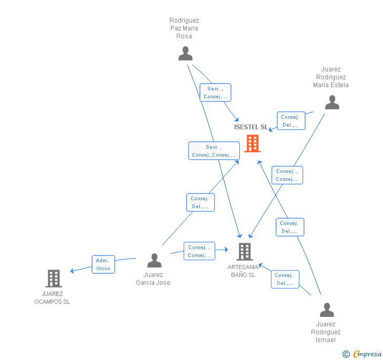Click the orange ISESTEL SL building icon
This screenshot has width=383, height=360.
click(253, 143)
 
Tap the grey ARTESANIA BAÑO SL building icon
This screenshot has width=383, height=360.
click(245, 252)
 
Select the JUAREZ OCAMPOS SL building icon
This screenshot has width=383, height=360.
click(54, 279)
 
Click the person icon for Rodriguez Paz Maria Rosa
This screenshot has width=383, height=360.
click(185, 54)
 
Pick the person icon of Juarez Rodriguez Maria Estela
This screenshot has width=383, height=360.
click(332, 102)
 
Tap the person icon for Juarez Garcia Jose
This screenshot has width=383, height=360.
click(154, 260)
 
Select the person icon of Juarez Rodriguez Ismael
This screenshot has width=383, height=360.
click(327, 310)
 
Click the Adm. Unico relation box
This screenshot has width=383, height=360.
click(104, 264)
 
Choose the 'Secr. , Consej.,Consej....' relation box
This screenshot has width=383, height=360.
click(214, 151)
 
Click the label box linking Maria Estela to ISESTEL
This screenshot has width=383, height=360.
click(290, 121)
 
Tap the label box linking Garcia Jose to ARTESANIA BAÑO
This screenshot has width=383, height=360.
click(199, 251)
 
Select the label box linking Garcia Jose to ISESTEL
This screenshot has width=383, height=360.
click(200, 202)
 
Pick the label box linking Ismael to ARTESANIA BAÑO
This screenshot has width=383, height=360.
click(285, 279)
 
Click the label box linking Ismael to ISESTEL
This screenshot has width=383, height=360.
click(290, 227)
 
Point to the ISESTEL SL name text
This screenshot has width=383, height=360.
click(251, 127)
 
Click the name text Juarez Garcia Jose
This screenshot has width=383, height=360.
click(153, 279)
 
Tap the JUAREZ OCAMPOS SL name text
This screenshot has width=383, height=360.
click(52, 298)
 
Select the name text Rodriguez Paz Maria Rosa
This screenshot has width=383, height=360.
click(184, 28)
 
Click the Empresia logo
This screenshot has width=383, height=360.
click(367, 354)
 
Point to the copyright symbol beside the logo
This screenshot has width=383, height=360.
click(346, 354)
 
